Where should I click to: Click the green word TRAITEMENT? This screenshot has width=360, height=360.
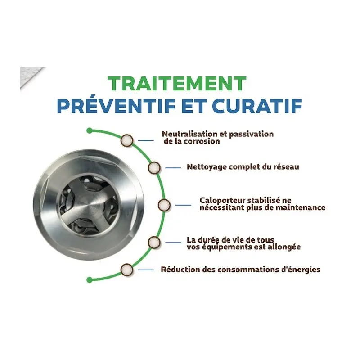click(177, 84)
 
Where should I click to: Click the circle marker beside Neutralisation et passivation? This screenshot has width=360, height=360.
click(127, 140)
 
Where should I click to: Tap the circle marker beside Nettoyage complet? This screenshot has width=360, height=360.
click(154, 167)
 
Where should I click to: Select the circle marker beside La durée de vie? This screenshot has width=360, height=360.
click(154, 242)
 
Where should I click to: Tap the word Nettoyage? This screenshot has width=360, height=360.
click(206, 167)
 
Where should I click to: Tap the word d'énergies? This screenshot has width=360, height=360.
click(300, 270)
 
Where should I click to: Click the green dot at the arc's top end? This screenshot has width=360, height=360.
click(90, 130)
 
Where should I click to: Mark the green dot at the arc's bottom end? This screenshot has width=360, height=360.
click(90, 279)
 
